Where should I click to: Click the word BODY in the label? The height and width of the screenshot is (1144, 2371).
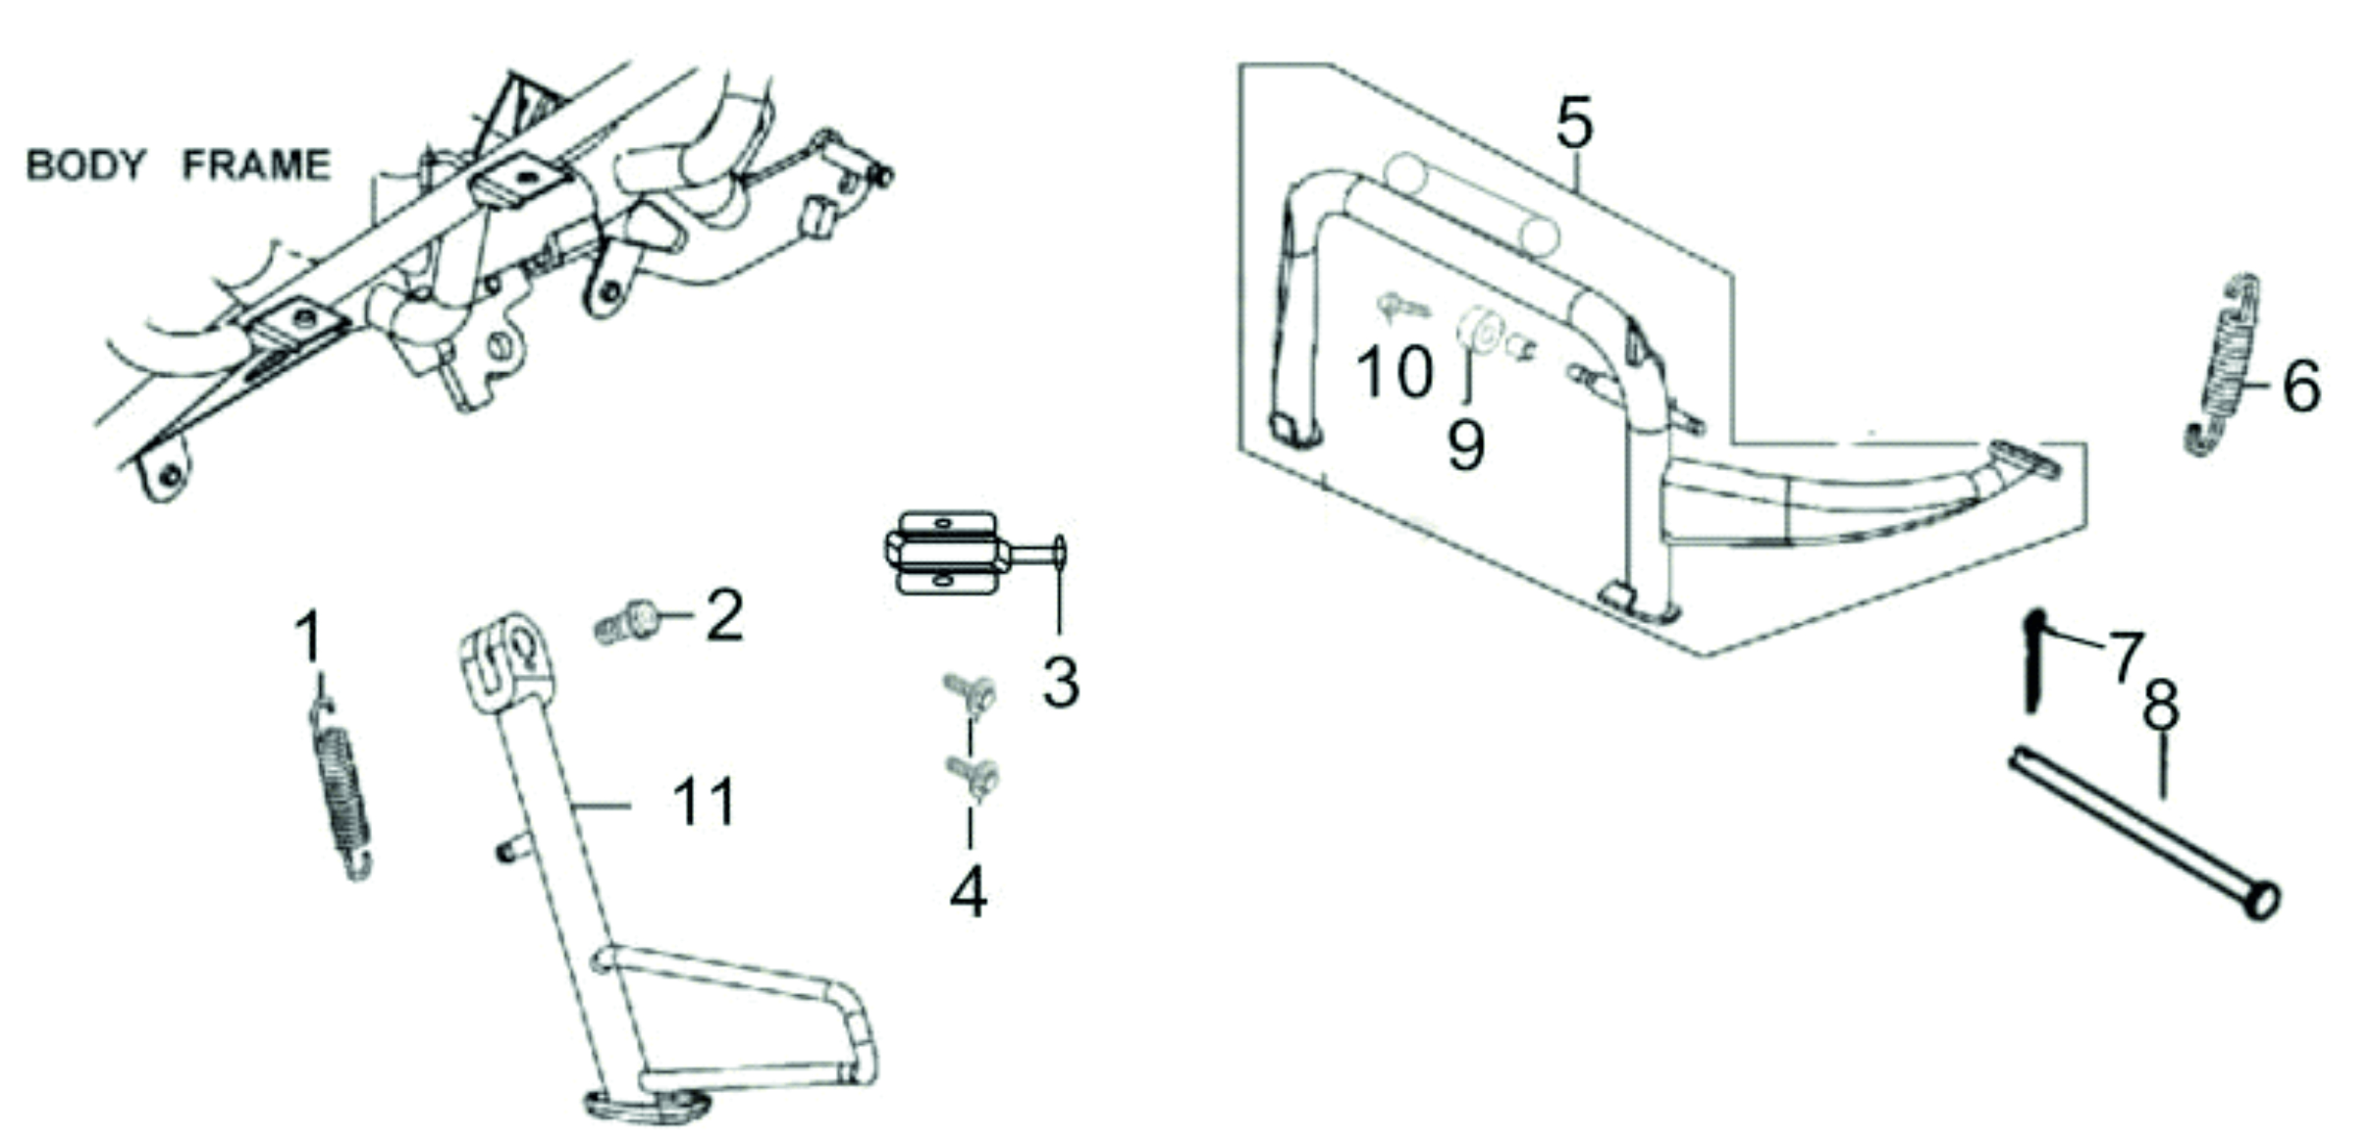tap(85, 165)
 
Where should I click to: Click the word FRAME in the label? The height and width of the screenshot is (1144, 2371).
tap(256, 165)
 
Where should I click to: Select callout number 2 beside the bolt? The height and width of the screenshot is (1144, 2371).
tap(724, 615)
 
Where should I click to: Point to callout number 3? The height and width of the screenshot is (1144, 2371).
tap(1061, 681)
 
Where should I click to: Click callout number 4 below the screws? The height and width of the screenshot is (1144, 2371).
tap(968, 892)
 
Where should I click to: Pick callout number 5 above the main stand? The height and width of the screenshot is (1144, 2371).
tap(1575, 123)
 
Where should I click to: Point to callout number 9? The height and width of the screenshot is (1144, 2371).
tap(1466, 445)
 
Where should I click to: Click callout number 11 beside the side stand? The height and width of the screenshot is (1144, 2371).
tap(705, 802)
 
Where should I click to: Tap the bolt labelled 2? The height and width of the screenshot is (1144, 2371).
tap(627, 622)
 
